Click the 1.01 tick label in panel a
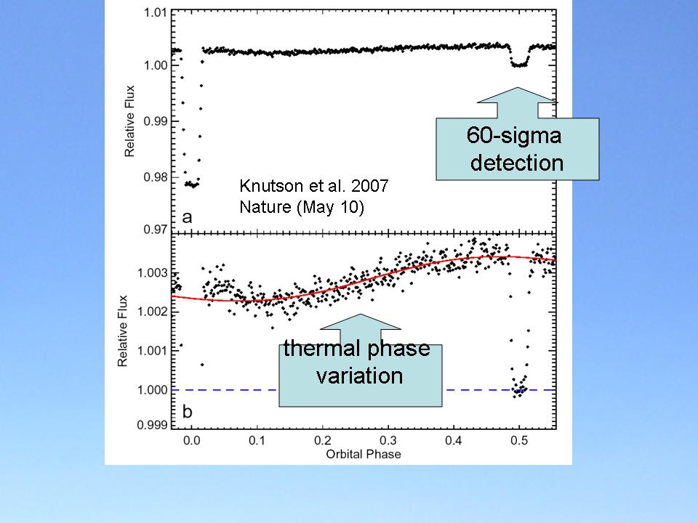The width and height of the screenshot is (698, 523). click(156, 12)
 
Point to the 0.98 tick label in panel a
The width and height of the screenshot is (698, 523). click(156, 177)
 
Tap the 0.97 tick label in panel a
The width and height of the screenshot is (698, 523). click(156, 230)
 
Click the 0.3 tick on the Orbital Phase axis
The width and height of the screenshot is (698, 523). click(388, 441)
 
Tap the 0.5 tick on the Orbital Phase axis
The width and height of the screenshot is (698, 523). click(518, 441)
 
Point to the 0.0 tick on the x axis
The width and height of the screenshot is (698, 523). click(190, 441)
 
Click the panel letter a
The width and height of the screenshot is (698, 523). click(188, 217)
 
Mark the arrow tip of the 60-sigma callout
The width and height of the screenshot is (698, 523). click(518, 89)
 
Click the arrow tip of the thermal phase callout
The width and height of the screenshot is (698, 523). click(361, 315)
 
